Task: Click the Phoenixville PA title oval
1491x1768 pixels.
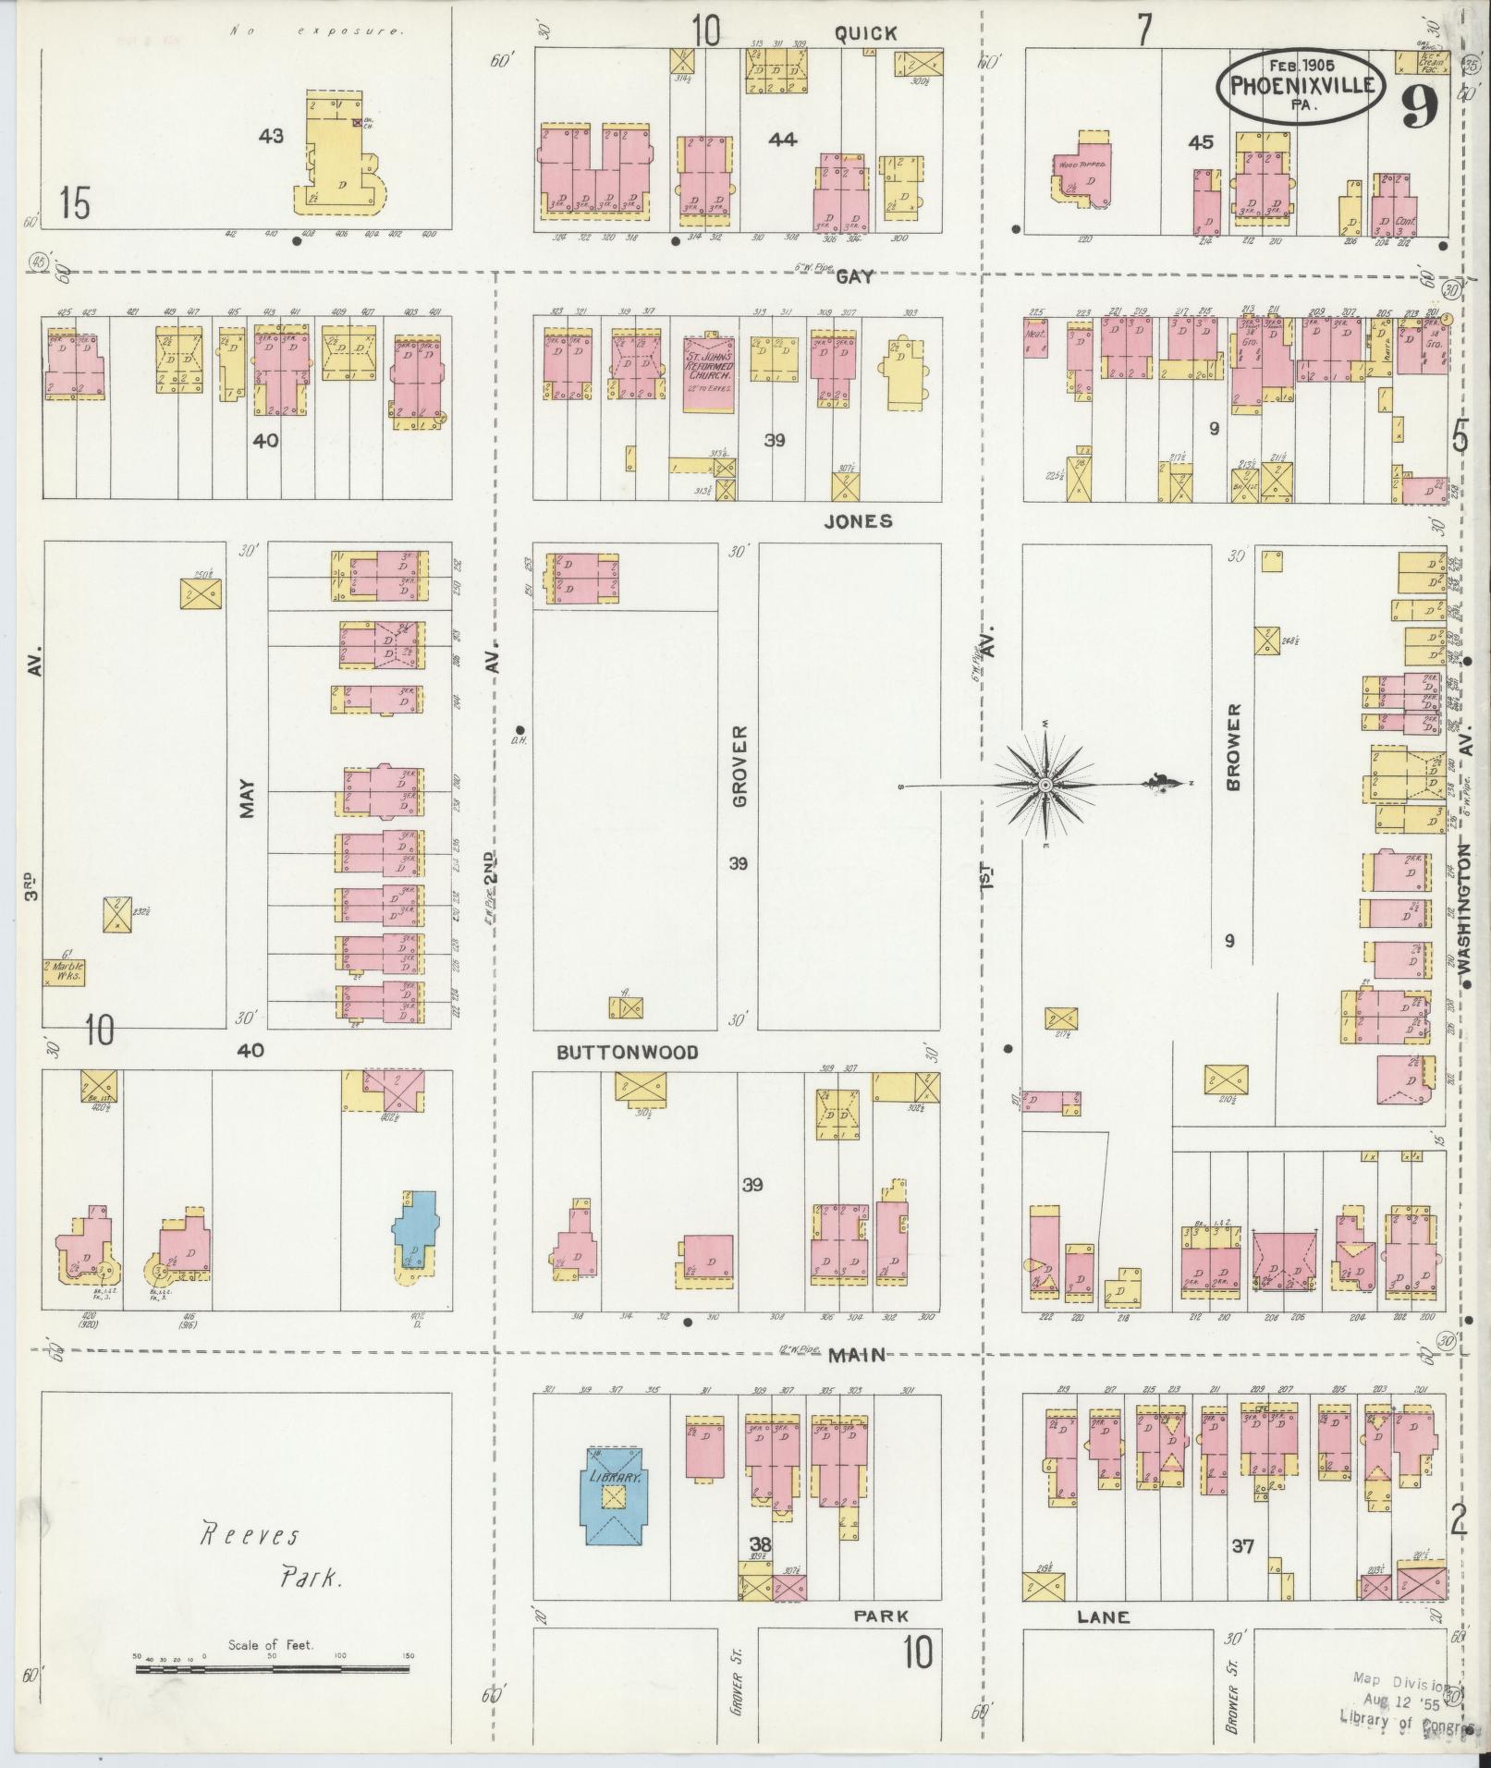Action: pyautogui.click(x=1301, y=86)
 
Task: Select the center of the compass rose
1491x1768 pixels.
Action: pyautogui.click(x=1045, y=785)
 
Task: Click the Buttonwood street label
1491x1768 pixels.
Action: pyautogui.click(x=627, y=1052)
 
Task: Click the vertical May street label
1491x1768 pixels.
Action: pyautogui.click(x=247, y=802)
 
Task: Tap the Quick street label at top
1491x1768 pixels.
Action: pyautogui.click(x=865, y=34)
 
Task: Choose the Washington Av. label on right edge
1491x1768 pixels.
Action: pyautogui.click(x=1463, y=906)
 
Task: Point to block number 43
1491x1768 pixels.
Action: pyautogui.click(x=271, y=137)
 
